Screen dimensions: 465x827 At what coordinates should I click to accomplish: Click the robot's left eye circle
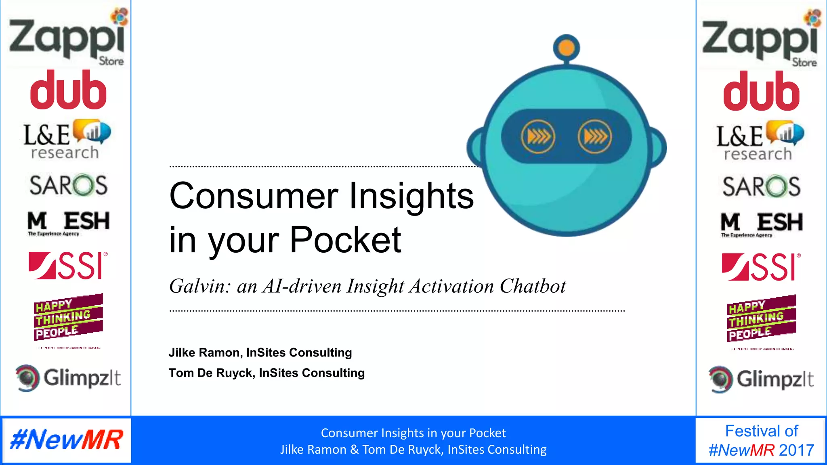pos(538,137)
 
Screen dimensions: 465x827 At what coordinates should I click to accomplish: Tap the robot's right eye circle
pos(594,137)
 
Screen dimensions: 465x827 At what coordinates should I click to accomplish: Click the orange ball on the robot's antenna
pos(567,48)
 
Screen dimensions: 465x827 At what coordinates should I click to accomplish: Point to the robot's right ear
pos(658,148)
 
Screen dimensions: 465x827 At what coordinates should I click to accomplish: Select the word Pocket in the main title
pos(345,240)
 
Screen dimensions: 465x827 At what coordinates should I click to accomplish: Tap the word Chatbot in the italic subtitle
pos(533,286)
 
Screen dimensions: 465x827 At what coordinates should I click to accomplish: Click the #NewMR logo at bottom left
pos(67,440)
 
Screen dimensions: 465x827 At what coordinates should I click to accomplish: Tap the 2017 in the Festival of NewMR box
pos(796,450)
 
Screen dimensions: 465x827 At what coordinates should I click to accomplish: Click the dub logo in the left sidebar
pos(68,90)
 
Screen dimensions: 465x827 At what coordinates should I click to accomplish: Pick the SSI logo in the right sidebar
pos(761,267)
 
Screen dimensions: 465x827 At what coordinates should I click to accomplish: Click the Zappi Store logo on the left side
pos(67,38)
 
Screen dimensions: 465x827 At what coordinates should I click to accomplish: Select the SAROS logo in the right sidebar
pos(761,186)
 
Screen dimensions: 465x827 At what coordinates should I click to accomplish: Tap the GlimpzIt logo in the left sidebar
pos(68,378)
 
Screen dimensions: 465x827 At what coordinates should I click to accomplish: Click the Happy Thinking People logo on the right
pos(761,319)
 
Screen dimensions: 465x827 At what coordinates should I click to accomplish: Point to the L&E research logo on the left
pos(67,140)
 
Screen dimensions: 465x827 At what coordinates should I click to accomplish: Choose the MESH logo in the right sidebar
pos(761,223)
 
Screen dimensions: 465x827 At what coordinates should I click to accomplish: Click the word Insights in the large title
pos(411,196)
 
